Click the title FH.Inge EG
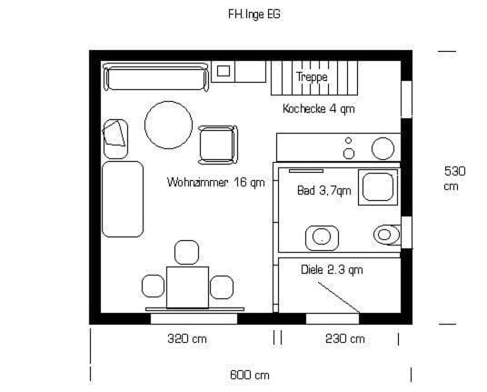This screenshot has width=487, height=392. tap(254, 15)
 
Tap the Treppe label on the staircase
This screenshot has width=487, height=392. tap(312, 76)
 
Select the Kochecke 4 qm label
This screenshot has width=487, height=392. tap(319, 109)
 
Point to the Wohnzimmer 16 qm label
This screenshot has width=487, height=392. tap(216, 182)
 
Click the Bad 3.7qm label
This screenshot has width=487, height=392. tap(324, 190)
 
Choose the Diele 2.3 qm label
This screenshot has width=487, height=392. tap(332, 269)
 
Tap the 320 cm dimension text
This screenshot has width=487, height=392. tap(187, 338)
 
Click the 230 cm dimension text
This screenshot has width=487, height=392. tap(345, 338)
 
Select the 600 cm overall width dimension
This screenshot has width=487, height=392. tap(249, 375)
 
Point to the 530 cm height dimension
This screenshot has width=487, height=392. tap(454, 178)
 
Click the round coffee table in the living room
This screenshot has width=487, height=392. tap(168, 125)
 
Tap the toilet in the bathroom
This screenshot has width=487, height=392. tap(387, 235)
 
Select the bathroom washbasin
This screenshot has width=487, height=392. tap(322, 237)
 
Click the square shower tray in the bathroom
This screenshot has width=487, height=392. tap(378, 187)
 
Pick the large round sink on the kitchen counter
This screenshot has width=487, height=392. tap(383, 148)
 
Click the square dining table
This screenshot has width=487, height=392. tap(187, 287)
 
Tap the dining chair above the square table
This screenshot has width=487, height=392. tap(186, 252)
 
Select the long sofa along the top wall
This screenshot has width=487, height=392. tap(155, 76)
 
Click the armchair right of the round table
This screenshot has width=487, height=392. tap(218, 145)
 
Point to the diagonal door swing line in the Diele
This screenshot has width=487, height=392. tap(339, 297)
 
